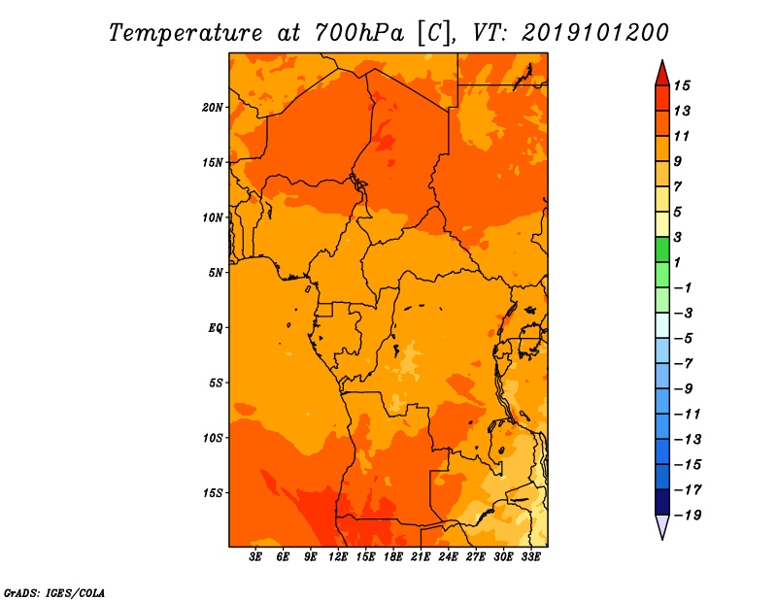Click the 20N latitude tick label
(x=213, y=108)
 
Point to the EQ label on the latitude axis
(x=215, y=328)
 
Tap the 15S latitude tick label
(x=213, y=493)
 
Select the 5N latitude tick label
(x=216, y=273)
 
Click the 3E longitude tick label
(x=255, y=557)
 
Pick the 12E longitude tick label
(x=338, y=557)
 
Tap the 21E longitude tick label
(x=421, y=557)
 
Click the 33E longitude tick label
(x=530, y=557)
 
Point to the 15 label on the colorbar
(x=682, y=85)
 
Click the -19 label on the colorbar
(x=688, y=516)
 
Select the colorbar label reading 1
(x=677, y=262)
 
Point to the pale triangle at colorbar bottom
(x=662, y=526)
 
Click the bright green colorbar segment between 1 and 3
(x=662, y=250)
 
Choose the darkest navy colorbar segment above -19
(x=662, y=502)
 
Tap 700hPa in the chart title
(x=359, y=34)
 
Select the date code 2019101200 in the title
(x=595, y=33)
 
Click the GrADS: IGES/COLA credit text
(x=54, y=593)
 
